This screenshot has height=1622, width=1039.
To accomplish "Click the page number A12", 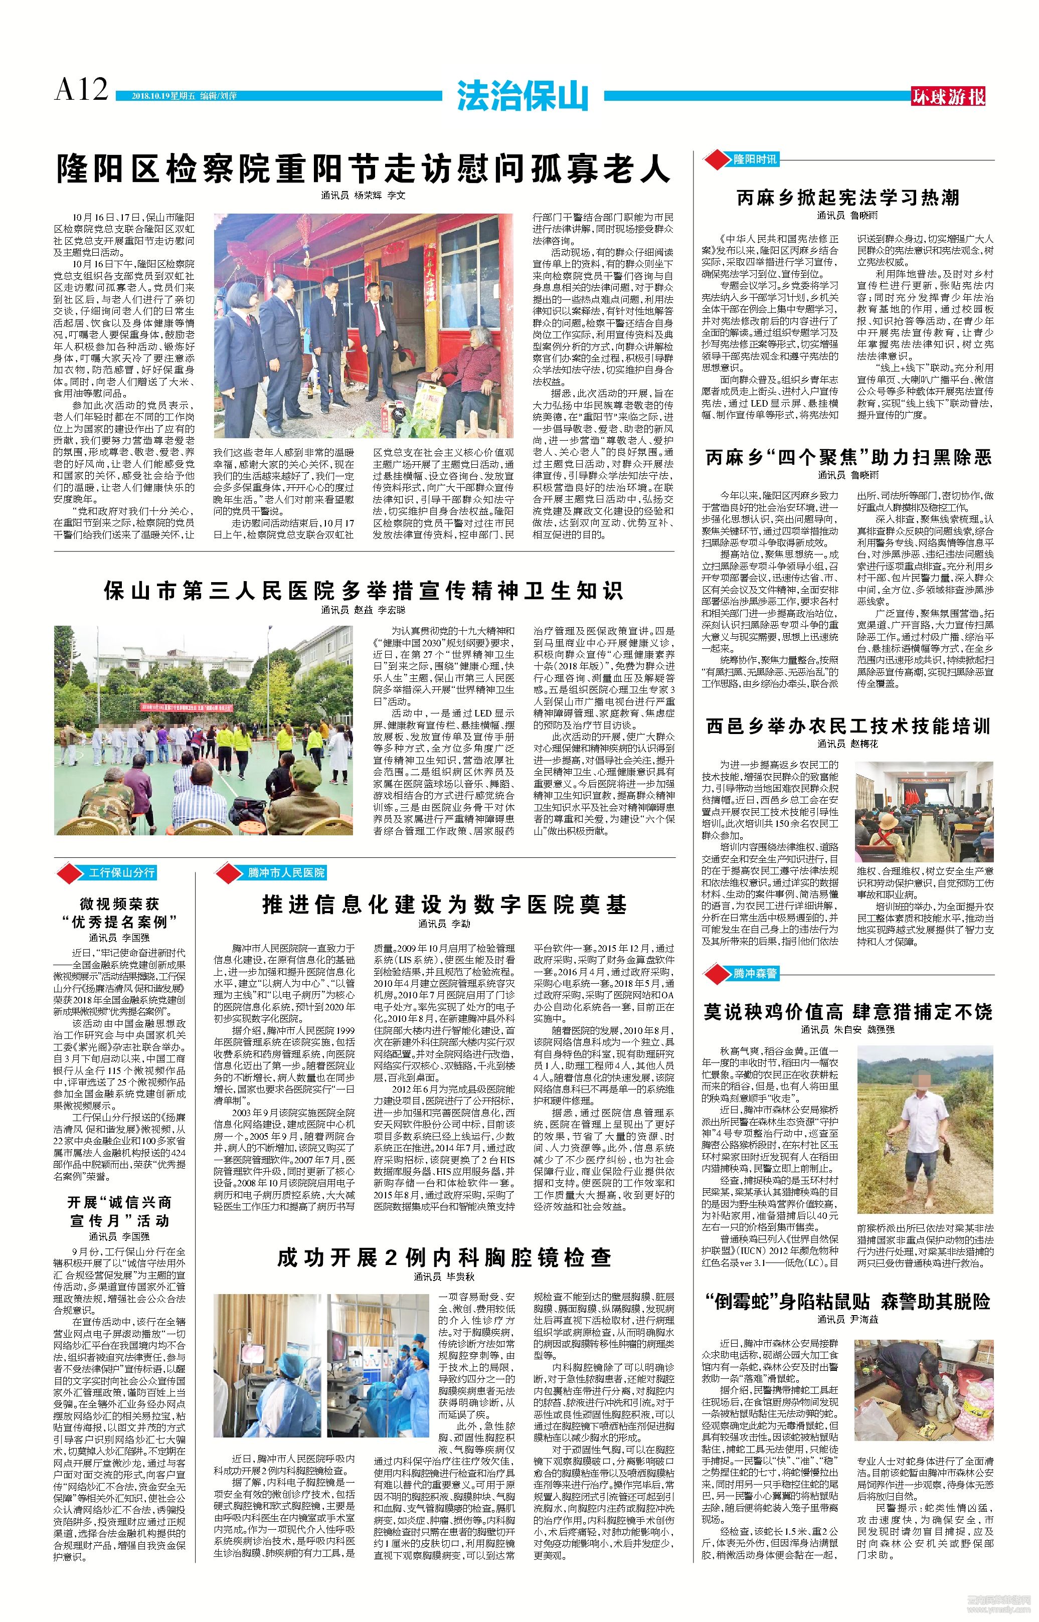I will click(x=81, y=90).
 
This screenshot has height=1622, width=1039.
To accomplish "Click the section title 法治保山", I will click(x=522, y=96).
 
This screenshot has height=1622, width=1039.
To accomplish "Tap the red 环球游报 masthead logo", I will click(x=948, y=96).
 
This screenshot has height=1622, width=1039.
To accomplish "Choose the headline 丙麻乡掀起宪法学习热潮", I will click(x=847, y=198).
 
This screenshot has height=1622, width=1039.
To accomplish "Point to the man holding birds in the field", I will click(x=916, y=1120).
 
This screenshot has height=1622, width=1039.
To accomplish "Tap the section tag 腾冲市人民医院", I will click(x=285, y=873).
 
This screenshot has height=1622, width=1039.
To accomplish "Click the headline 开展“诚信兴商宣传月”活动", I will click(x=120, y=1211).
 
